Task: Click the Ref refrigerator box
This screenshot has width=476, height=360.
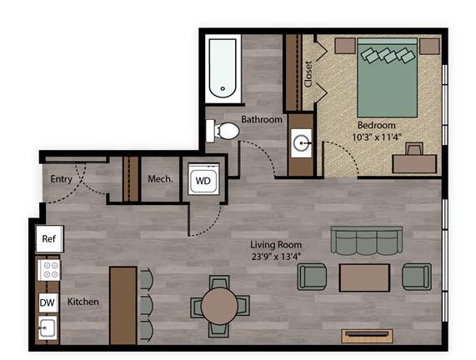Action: click(x=49, y=239)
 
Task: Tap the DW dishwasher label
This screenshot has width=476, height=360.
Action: click(x=48, y=302)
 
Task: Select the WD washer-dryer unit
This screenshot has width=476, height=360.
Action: click(x=203, y=179)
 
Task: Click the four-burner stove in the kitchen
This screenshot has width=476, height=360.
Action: click(x=49, y=270)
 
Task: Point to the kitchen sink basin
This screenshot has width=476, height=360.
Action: click(x=48, y=327)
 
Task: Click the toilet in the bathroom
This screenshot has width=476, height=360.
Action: click(x=223, y=131)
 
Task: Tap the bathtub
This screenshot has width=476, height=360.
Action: click(x=223, y=68)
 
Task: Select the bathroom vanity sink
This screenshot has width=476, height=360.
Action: click(x=301, y=143)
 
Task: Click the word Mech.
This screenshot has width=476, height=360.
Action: click(x=160, y=179)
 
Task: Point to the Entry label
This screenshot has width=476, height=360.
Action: click(x=61, y=179)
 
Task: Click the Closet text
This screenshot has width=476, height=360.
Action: click(x=308, y=74)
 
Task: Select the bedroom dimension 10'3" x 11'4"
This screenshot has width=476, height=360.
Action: click(x=377, y=137)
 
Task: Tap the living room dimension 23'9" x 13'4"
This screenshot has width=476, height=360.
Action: click(x=276, y=257)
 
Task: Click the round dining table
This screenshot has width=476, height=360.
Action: click(x=219, y=307)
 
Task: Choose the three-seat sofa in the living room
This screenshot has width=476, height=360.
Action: click(x=367, y=240)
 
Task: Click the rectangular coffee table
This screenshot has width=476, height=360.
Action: click(x=364, y=277)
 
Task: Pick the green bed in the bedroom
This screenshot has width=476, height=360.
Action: click(x=387, y=77)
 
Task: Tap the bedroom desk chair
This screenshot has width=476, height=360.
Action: click(x=414, y=148)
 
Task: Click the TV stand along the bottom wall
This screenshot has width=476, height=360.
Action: click(x=367, y=336)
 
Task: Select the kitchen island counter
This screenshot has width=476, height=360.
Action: click(x=123, y=306)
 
